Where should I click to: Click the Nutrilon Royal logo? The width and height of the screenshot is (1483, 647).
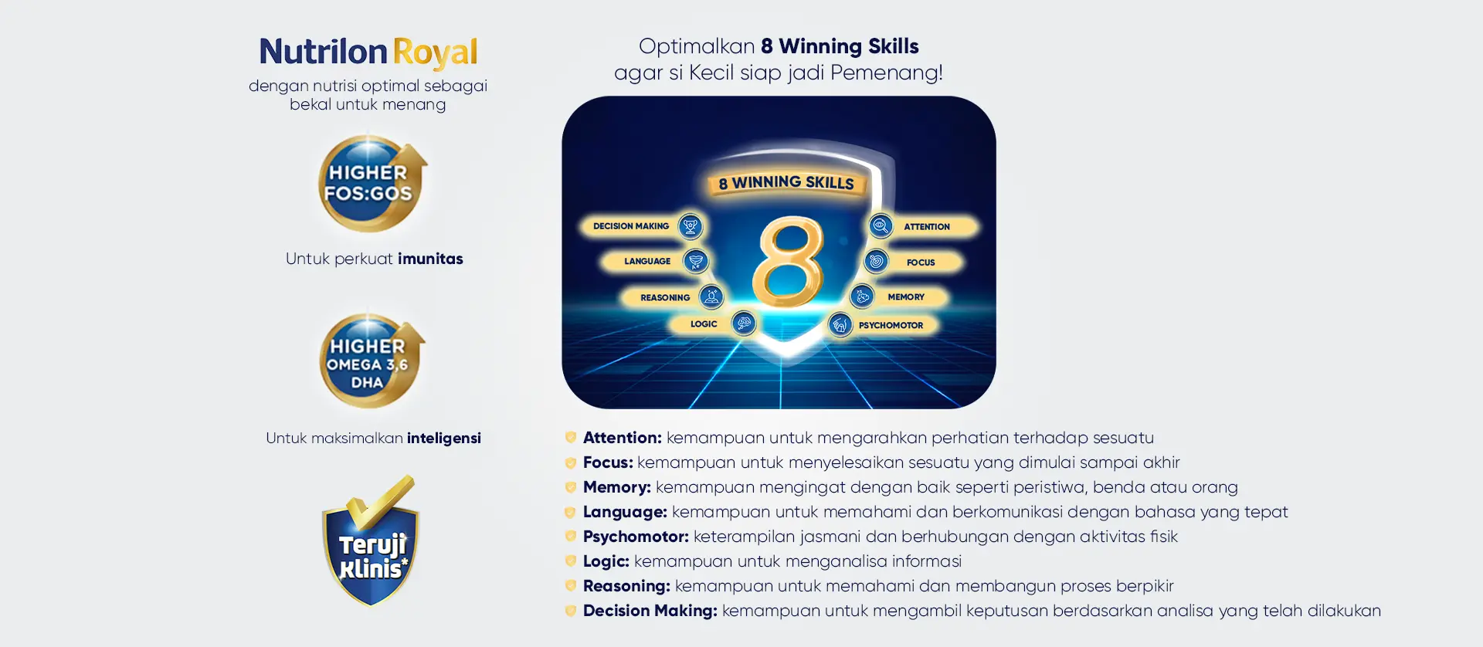point(368,53)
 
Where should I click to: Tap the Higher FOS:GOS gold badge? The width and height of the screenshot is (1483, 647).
point(372,184)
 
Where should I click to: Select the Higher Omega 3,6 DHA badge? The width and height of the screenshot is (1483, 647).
point(372,361)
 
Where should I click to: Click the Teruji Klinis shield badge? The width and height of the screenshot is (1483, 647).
point(372,541)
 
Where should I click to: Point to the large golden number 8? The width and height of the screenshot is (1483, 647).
point(788,263)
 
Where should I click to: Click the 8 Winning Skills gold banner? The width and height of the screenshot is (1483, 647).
point(786,183)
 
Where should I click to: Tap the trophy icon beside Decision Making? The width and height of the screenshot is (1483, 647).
point(691,226)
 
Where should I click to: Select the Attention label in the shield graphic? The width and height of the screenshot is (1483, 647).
point(927,227)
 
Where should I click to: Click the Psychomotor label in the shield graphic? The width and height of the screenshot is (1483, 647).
point(891,326)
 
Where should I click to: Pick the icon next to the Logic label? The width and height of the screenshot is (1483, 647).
point(744,323)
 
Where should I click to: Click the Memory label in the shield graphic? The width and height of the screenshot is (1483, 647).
point(906,297)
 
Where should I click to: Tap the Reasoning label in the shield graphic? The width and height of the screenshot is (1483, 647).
point(665,298)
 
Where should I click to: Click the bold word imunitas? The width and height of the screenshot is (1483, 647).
point(430,259)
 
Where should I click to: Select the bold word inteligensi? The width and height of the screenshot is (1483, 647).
point(444,439)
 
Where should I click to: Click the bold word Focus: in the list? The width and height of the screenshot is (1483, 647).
point(608,462)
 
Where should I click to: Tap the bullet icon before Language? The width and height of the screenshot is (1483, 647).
point(571,512)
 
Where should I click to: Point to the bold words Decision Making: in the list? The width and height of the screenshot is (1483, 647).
point(650,611)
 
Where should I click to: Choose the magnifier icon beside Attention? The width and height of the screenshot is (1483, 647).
point(880,226)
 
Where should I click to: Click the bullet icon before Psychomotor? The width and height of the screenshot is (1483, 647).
point(571,537)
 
